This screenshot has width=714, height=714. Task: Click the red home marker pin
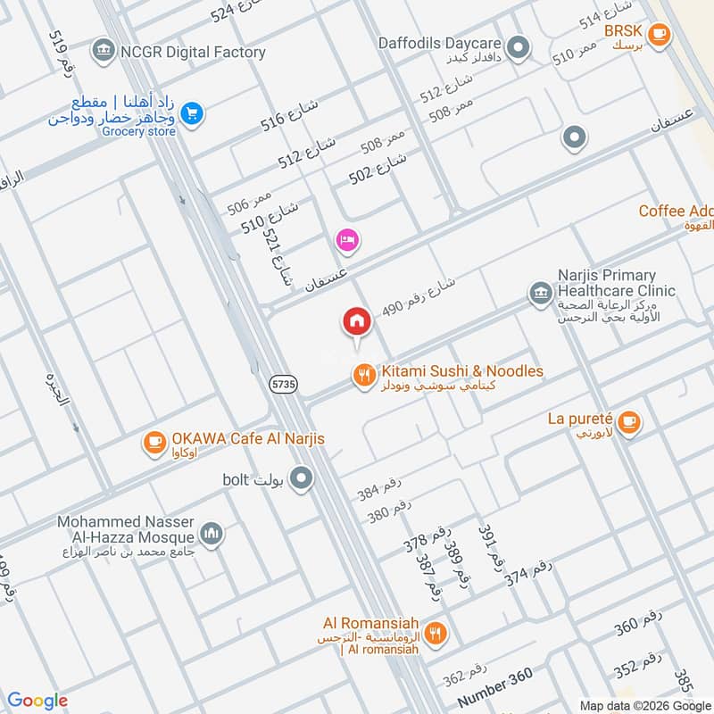coord(357,322)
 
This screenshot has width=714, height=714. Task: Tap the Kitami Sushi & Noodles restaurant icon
coord(363,376)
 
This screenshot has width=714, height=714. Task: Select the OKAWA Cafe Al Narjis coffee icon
coord(154,442)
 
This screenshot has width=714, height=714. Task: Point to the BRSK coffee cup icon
coord(659,35)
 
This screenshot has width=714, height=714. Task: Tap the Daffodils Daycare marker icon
coord(517,46)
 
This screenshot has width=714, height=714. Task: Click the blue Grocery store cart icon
coord(191,113)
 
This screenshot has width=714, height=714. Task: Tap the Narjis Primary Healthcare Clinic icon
coord(539,294)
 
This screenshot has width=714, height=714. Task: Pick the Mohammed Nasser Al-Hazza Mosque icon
coord(212,534)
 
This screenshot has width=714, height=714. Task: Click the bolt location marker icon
coord(303,479)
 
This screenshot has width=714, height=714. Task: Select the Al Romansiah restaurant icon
coord(436,633)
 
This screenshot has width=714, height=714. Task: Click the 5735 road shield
coord(282,383)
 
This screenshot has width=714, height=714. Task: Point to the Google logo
coord(38,701)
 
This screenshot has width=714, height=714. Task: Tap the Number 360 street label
coord(494,689)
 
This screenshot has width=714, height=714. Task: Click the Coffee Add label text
coord(676,212)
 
